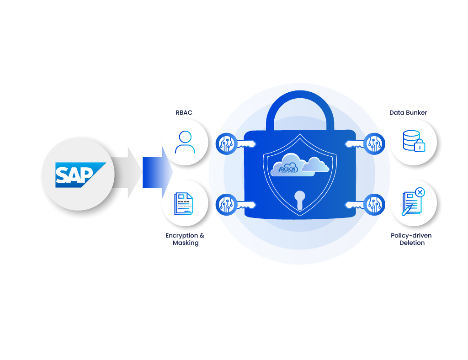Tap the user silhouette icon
tap(185, 142)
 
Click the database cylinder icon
tap(411, 140)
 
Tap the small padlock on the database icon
tap(420, 147)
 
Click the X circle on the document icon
tap(420, 192)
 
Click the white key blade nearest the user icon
tap(246, 144)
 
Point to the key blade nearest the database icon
tap(354, 144)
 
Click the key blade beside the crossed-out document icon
tap(354, 205)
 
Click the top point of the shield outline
tap(300, 134)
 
